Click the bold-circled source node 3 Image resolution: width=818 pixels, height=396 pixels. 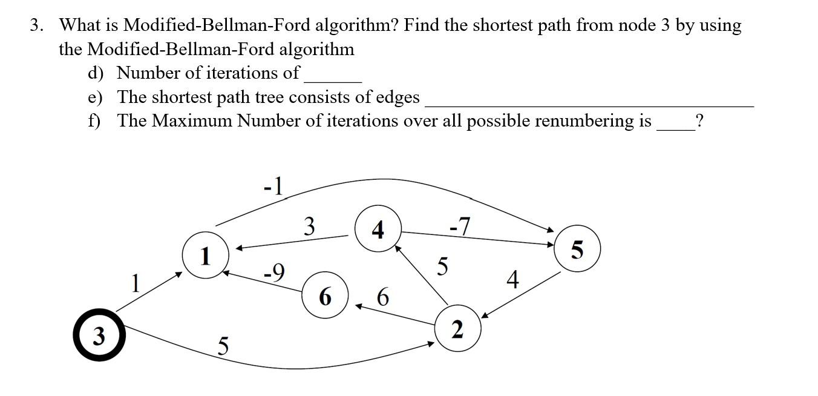point(99,335)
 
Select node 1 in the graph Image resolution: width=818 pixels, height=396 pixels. point(206,256)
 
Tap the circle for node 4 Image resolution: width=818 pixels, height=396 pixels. point(378,229)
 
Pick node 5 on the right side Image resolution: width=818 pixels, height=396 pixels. point(577,249)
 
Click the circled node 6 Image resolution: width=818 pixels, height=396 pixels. point(325,296)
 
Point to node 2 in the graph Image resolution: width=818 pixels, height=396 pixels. point(458,329)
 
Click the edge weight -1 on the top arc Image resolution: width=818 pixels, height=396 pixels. point(273,186)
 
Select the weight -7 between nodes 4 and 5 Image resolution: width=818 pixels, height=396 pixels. point(460,226)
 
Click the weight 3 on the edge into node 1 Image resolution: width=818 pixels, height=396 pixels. point(309,226)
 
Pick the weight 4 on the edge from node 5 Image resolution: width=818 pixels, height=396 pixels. point(512,280)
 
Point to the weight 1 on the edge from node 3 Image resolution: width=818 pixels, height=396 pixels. point(136,283)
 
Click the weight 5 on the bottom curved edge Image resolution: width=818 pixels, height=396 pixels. point(223,347)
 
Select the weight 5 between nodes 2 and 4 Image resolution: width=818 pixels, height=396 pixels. point(443,266)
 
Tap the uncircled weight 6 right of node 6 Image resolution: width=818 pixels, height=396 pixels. point(382,297)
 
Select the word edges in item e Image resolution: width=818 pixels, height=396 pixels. point(397,97)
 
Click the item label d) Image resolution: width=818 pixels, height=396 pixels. point(96,73)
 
